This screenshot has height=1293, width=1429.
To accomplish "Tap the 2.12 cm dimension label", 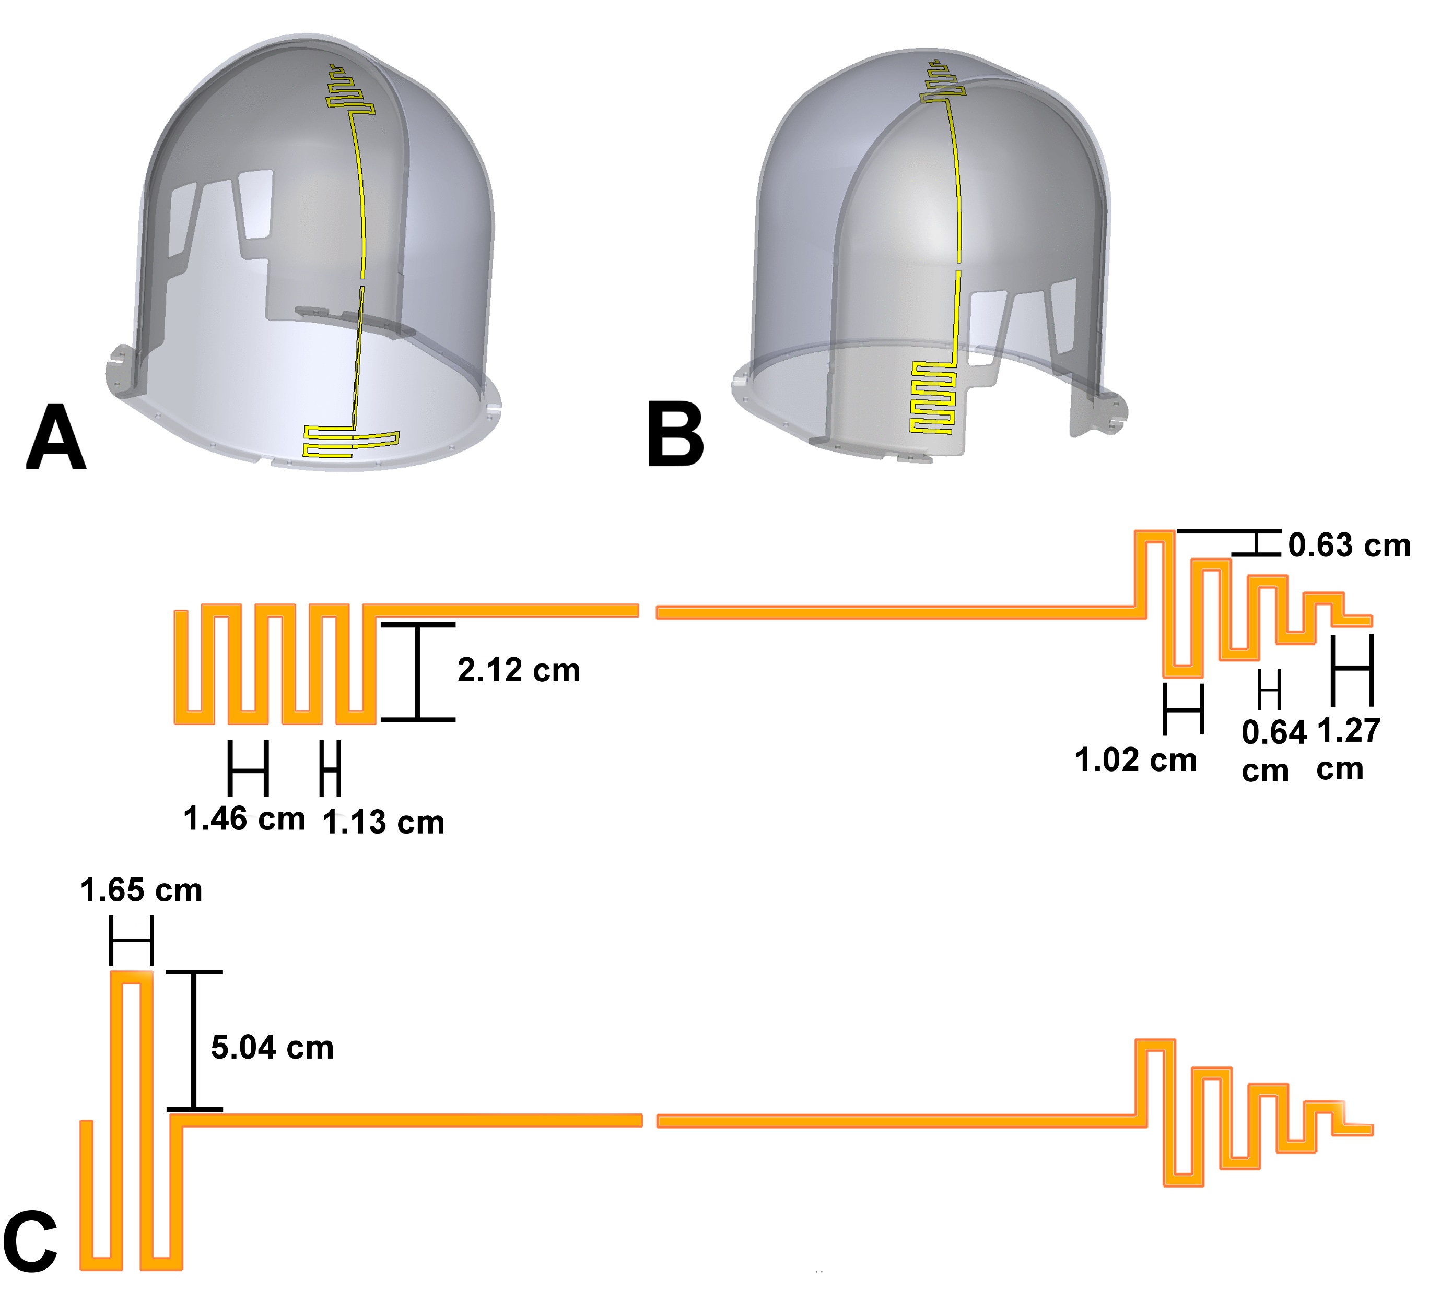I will click(x=519, y=670).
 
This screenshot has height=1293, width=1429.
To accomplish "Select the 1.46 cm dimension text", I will click(x=244, y=819).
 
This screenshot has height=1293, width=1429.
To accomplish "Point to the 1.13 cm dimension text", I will click(x=383, y=823).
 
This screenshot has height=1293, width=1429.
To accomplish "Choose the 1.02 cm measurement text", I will click(x=1135, y=760).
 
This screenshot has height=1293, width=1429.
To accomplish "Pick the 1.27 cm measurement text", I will click(x=1348, y=749).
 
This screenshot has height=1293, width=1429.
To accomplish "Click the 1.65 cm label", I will click(x=141, y=891).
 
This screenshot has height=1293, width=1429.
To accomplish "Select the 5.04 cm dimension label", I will click(x=272, y=1048).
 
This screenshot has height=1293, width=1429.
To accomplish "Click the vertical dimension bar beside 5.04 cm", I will click(x=194, y=1040).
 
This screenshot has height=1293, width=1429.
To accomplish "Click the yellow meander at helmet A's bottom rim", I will click(x=351, y=442).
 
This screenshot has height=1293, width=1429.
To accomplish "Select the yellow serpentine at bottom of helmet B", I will click(x=933, y=397).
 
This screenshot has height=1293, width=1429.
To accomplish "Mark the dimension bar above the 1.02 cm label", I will click(x=1184, y=708).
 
